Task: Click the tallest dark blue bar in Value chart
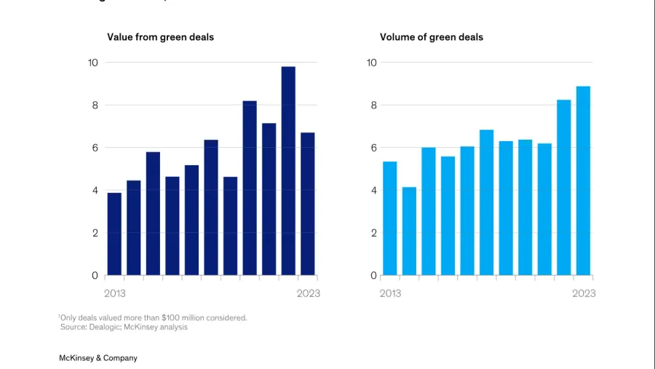288,171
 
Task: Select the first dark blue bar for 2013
114,234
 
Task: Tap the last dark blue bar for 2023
308,204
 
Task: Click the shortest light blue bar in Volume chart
409,231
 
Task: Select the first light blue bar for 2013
390,218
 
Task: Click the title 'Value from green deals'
160,37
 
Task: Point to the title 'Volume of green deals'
432,37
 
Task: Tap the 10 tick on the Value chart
92,63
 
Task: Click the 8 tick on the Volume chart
372,105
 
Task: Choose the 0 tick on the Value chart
95,276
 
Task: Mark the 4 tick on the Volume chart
372,191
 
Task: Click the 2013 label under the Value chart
115,293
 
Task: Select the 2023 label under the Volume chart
584,293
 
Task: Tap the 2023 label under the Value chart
308,293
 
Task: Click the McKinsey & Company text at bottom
98,358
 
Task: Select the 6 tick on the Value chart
95,148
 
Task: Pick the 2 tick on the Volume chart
372,233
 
